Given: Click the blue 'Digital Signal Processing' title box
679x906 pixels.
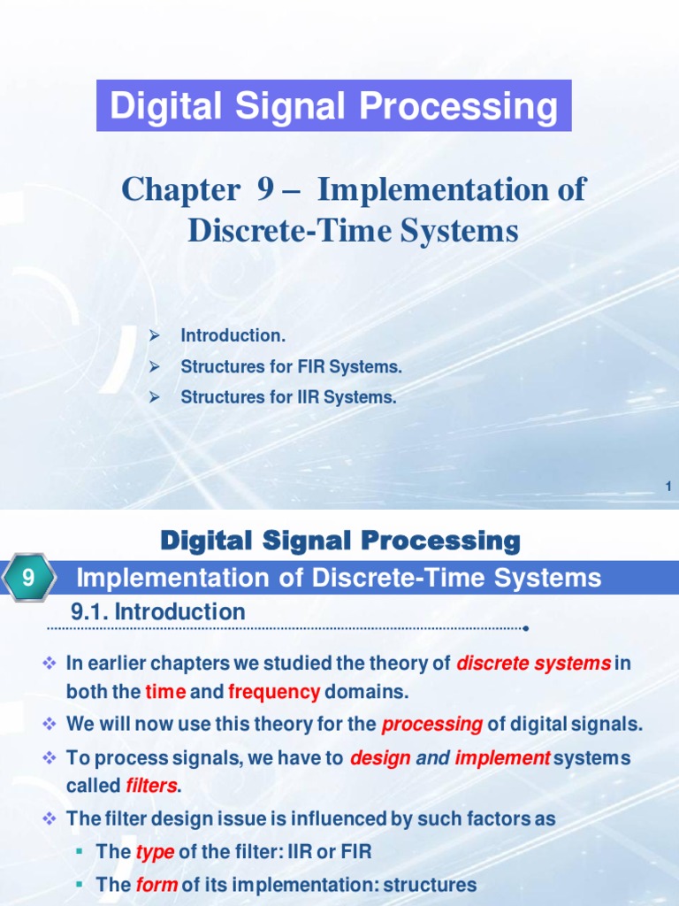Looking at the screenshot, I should coord(334,106).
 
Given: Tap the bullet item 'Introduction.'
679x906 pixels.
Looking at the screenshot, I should coord(233,336).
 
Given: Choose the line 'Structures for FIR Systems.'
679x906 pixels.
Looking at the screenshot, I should coord(285,367).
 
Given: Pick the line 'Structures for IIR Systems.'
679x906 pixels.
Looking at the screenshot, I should coord(288,398).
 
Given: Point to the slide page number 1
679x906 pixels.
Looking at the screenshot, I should coord(668,486).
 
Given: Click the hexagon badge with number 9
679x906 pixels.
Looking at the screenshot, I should coord(28,580).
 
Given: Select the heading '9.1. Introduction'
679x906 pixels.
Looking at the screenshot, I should coord(157,611).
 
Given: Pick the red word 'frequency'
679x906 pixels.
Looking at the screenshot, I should coord(273,692).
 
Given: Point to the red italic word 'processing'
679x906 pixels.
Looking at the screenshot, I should coord(432,725).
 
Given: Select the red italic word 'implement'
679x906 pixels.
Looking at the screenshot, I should coord(502,758).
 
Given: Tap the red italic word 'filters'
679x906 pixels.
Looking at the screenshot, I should coord(152,786).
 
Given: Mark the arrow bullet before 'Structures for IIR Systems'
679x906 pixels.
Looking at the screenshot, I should coord(153,398).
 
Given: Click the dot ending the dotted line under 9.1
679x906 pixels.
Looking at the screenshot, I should coord(526,629).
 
